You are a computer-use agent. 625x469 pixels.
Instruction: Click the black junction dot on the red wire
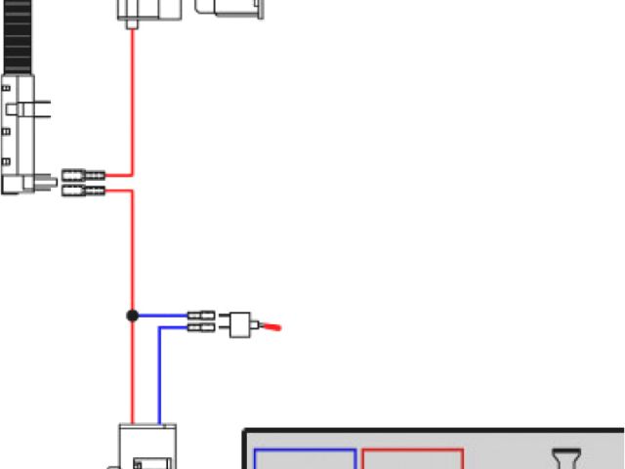click(x=132, y=316)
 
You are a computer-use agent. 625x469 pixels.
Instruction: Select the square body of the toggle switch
click(x=239, y=323)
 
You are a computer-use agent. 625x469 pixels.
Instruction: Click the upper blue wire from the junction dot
click(x=161, y=316)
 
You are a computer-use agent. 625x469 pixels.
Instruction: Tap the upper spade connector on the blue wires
click(x=201, y=316)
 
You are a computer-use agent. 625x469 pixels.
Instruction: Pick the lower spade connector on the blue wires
click(x=201, y=328)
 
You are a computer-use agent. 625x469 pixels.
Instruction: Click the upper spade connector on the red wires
click(x=83, y=176)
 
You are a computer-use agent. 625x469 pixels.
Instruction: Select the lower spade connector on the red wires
click(x=83, y=191)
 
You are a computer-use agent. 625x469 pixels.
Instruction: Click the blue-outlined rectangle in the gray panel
click(x=305, y=459)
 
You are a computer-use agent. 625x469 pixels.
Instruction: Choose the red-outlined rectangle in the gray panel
click(x=412, y=459)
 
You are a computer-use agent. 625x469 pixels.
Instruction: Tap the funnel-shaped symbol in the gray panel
click(x=567, y=459)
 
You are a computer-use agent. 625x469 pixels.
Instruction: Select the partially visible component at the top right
click(x=230, y=7)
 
